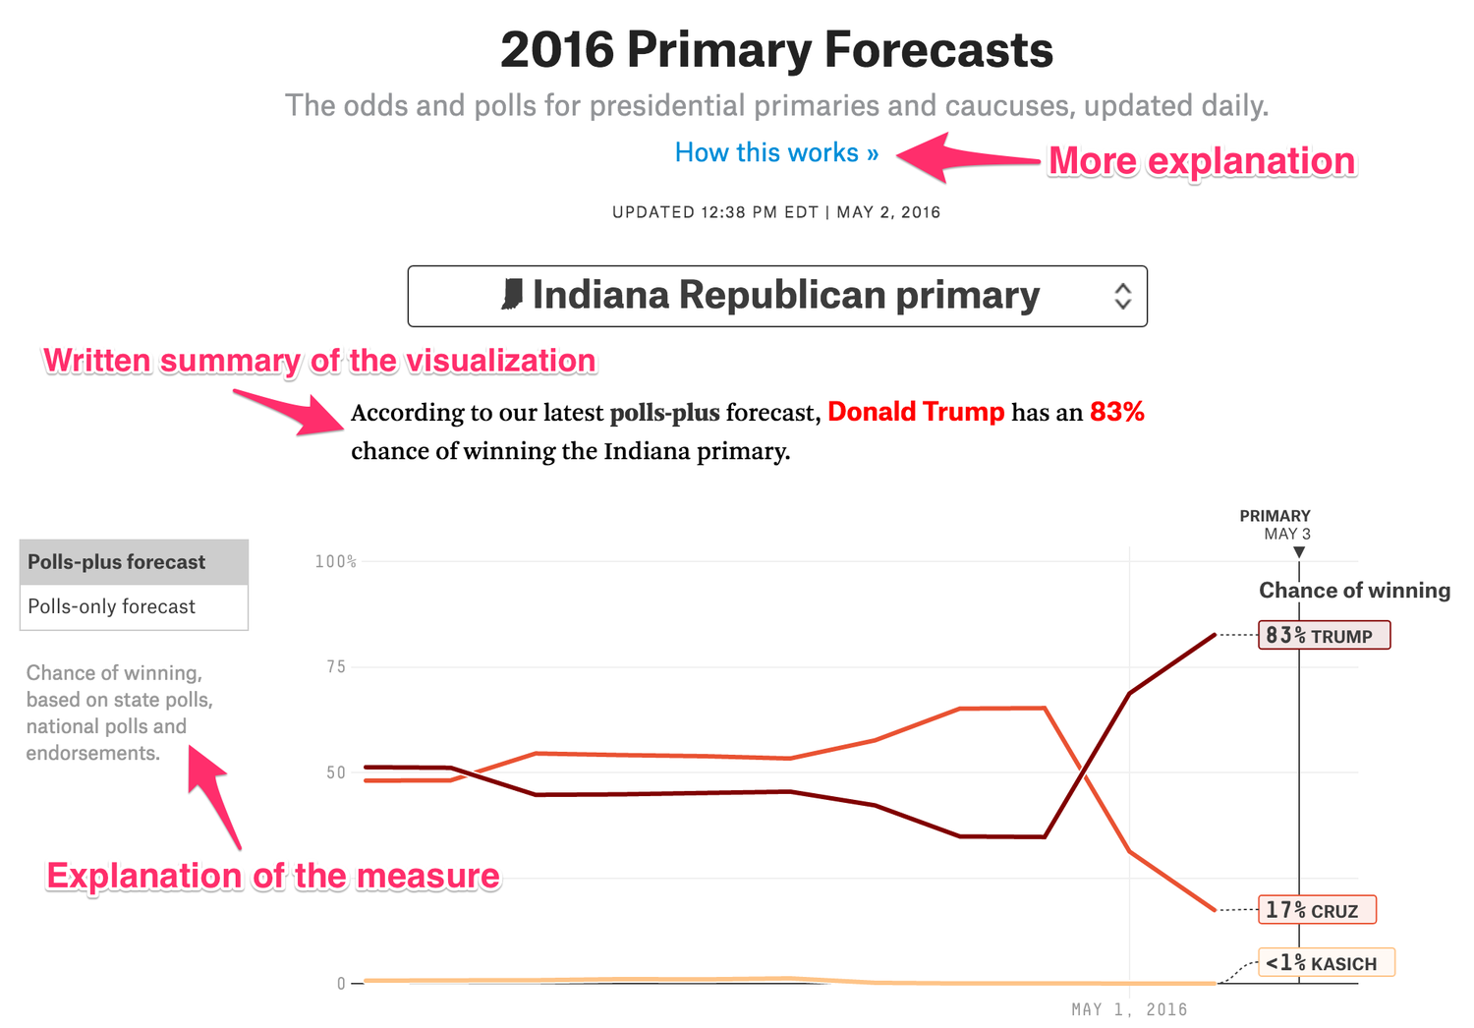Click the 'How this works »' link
pos(776,153)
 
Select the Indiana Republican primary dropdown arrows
pos(1122,296)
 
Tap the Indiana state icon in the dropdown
pos(512,295)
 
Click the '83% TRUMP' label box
pos(1324,636)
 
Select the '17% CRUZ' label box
pos(1317,910)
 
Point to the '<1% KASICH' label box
pos(1326,963)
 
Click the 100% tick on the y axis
pos(335,561)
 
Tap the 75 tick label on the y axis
pos(336,667)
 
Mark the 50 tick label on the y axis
pos(336,772)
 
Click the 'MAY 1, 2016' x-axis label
pos(1129,1009)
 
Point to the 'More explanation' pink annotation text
pos(1201,161)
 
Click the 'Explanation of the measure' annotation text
pos(273,876)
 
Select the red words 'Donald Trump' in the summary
pos(916,412)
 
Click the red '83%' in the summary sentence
pos(1117,412)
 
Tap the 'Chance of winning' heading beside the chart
pos(1354,590)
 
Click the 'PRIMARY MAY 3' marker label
pos(1276,525)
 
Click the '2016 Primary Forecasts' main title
pos(776,50)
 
